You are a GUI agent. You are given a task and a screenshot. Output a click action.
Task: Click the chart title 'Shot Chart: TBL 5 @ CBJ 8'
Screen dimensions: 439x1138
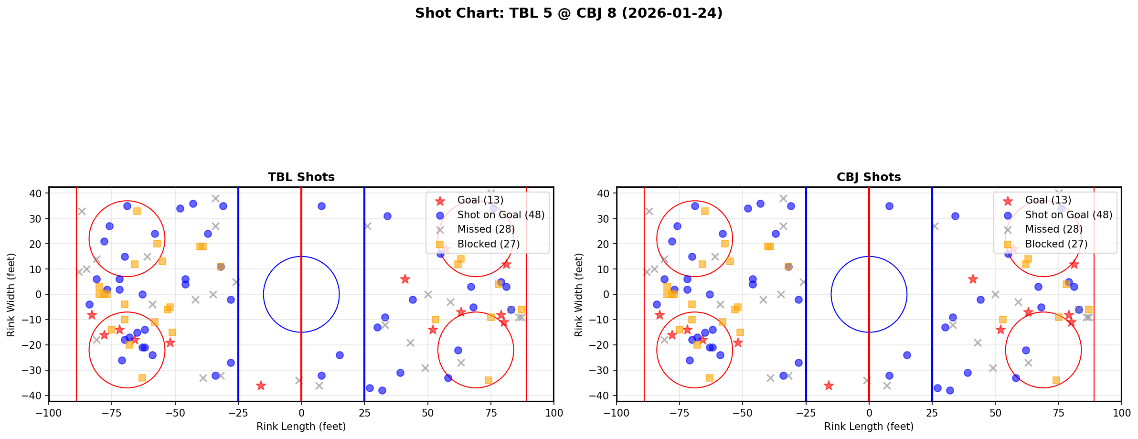[568, 13]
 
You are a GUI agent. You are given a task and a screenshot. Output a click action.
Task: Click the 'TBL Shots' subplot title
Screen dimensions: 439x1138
[301, 177]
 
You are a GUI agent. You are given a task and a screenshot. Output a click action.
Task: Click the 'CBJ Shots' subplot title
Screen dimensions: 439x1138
[869, 177]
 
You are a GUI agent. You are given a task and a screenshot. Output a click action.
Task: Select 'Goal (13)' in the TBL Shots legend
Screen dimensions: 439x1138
[480, 200]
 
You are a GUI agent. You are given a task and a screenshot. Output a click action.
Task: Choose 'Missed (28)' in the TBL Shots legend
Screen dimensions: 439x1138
[486, 229]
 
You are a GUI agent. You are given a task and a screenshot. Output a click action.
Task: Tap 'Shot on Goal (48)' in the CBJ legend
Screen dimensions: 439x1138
[1068, 215]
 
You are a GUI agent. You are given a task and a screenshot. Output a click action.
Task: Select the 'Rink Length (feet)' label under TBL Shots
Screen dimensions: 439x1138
[301, 427]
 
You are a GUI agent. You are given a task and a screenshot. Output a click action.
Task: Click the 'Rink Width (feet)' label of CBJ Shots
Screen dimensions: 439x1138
[578, 294]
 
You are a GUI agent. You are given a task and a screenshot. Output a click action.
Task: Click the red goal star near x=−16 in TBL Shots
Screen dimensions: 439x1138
[261, 385]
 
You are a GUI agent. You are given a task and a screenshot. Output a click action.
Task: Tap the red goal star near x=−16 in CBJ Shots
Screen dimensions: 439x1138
[829, 385]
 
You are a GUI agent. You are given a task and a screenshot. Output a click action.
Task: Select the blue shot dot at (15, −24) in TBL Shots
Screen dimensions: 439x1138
[339, 355]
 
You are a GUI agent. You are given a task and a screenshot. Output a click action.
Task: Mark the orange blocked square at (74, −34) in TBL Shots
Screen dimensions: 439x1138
[488, 380]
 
